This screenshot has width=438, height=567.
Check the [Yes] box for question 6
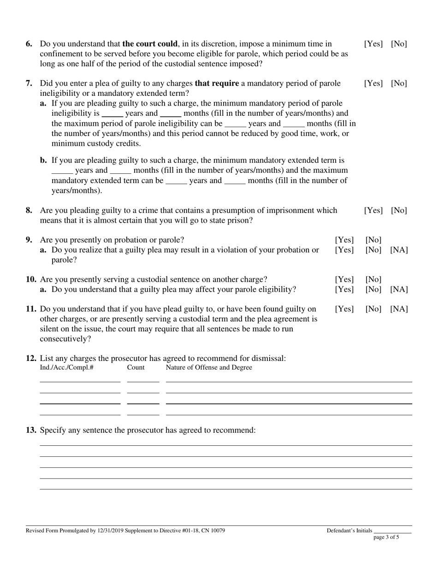pyautogui.click(x=373, y=44)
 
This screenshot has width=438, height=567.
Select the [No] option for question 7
pyautogui.click(x=399, y=83)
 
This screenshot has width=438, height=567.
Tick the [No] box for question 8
pyautogui.click(x=399, y=210)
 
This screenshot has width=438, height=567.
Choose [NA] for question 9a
pyautogui.click(x=399, y=250)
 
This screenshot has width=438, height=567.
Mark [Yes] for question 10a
pyautogui.click(x=344, y=289)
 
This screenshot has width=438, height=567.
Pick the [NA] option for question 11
pyautogui.click(x=399, y=309)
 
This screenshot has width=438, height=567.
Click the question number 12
pyautogui.click(x=31, y=358)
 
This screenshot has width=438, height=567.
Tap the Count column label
pyautogui.click(x=136, y=367)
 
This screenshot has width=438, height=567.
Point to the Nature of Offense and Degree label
pyautogui.click(x=209, y=367)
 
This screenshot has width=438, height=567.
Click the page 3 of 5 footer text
pyautogui.click(x=386, y=537)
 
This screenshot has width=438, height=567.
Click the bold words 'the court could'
pyautogui.click(x=150, y=44)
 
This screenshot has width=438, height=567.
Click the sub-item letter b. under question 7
pyautogui.click(x=44, y=160)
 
